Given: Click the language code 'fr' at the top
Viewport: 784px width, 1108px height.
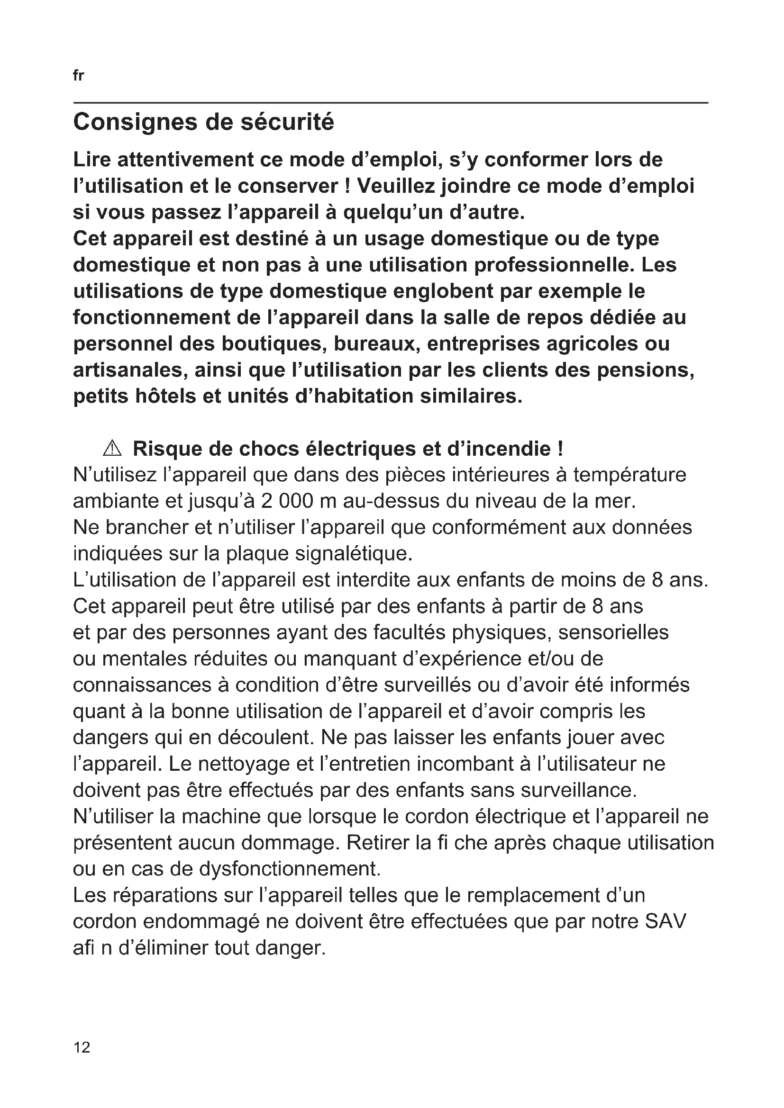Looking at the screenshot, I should (x=78, y=76).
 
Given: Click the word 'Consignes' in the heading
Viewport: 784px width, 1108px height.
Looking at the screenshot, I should (x=135, y=122).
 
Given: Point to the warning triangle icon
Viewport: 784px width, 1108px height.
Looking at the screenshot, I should (x=112, y=449).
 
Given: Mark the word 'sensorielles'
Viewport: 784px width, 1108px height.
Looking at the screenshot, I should (x=613, y=632).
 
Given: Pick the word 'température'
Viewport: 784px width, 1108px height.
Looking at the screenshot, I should (x=629, y=475).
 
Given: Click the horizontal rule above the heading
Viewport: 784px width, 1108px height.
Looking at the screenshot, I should (x=391, y=103).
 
